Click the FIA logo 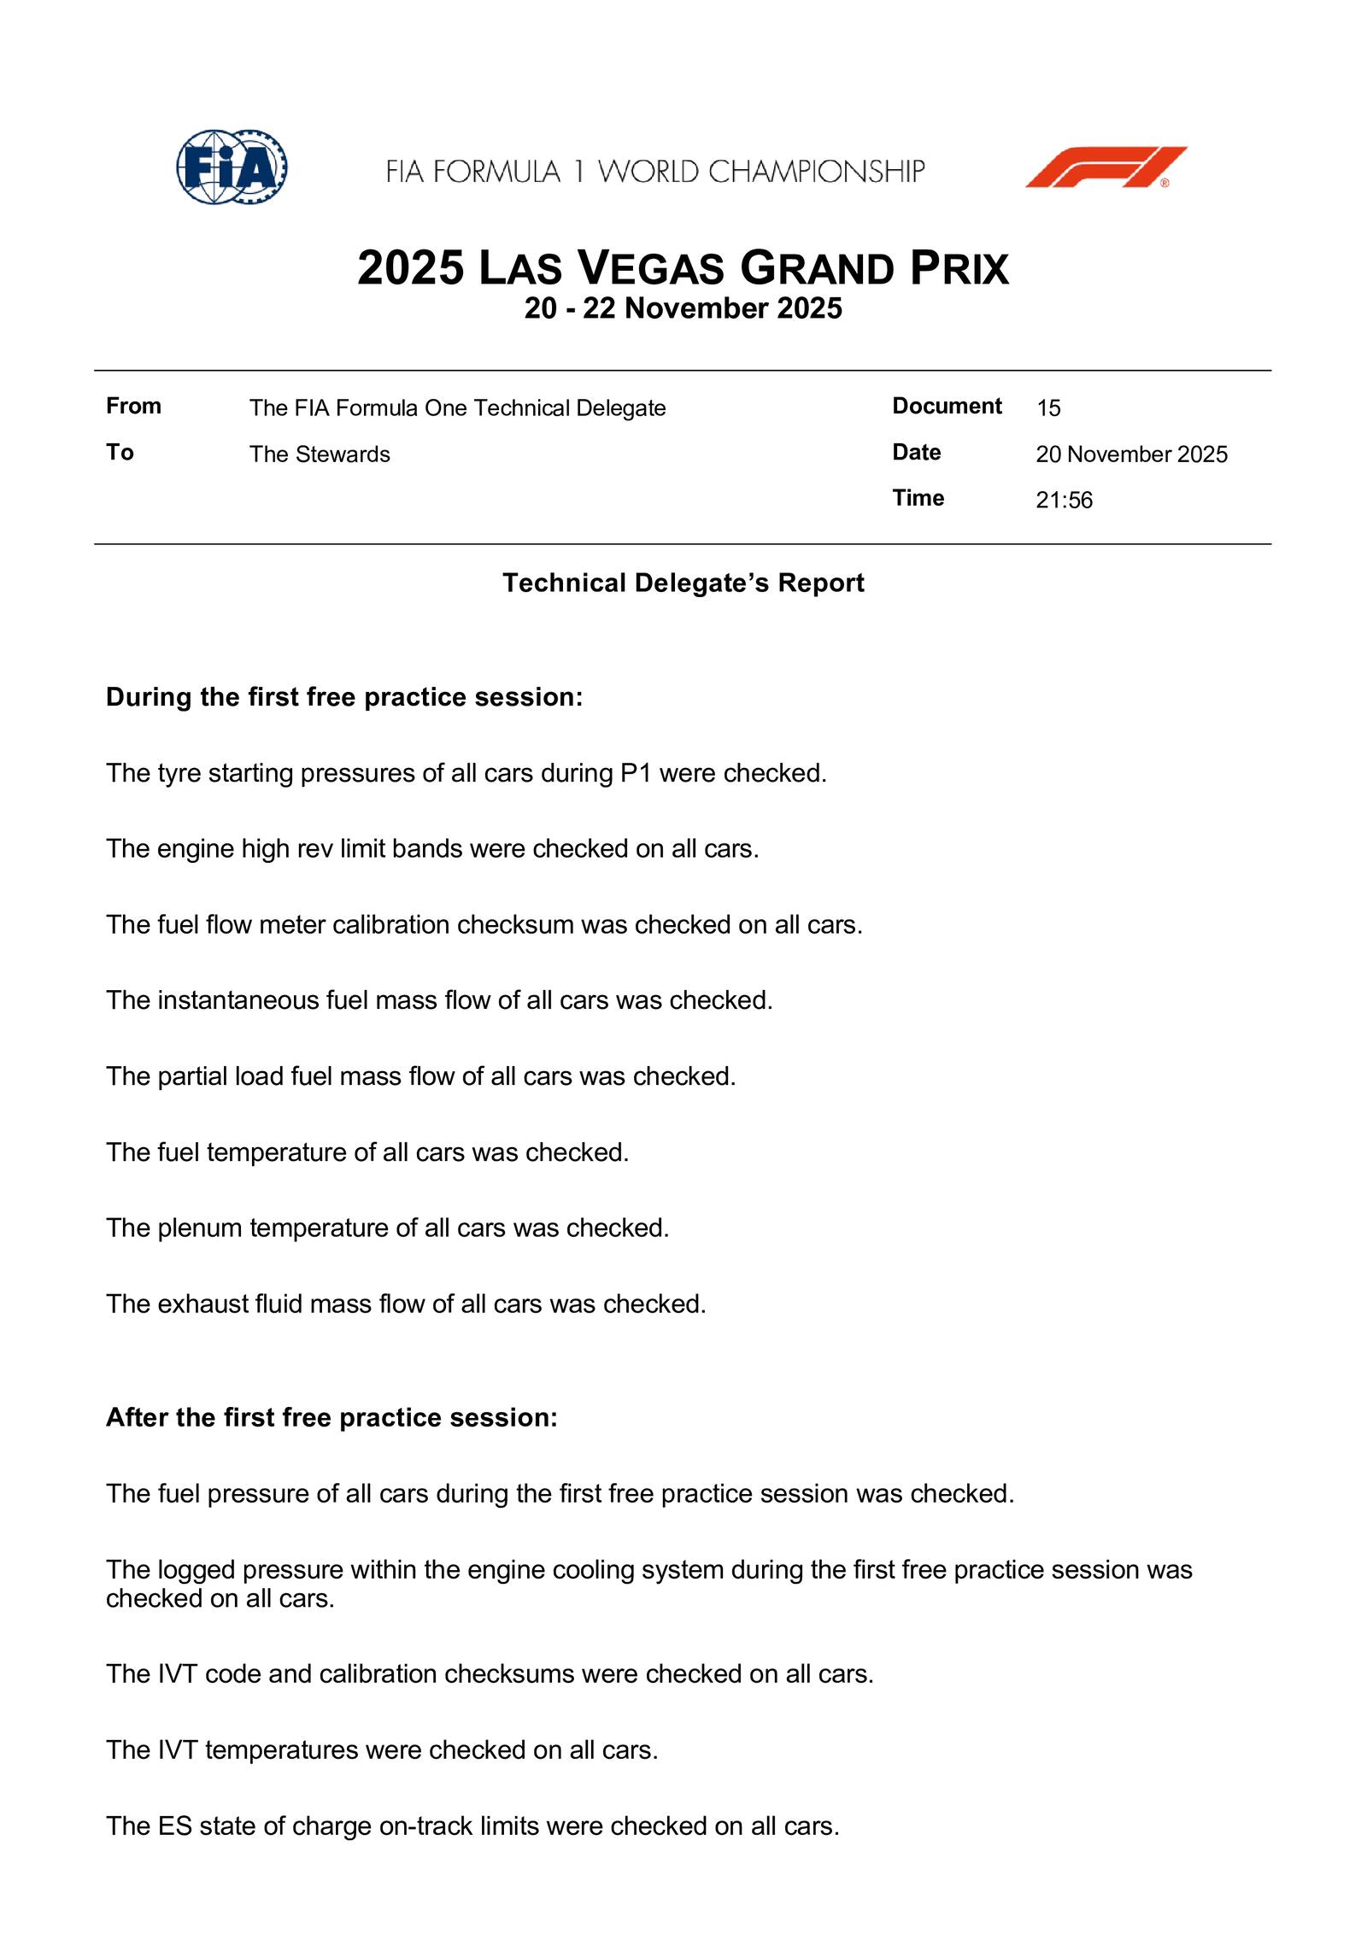232,167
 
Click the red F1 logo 1106,167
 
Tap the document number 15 1048,408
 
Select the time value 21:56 1064,500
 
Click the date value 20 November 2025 1131,454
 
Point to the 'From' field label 133,406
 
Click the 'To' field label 120,452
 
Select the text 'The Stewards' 320,454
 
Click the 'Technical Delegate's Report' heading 683,583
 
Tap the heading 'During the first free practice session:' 343,697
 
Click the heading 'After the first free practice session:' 331,1417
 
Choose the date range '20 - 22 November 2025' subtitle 683,308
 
